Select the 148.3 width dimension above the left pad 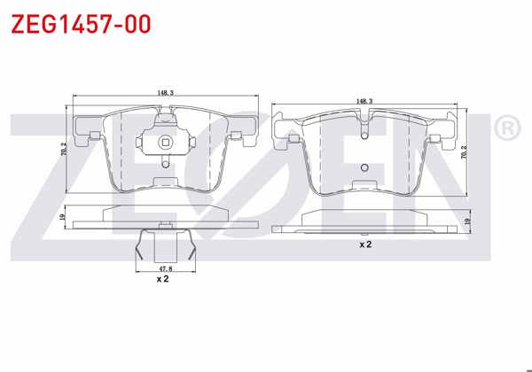point(164,92)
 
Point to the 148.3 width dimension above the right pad point(364,101)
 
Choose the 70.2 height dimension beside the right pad point(465,151)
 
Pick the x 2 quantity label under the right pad point(364,243)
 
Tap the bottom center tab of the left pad point(164,182)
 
